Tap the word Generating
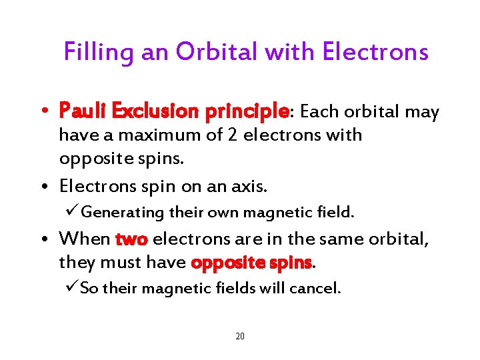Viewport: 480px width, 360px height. [123, 213]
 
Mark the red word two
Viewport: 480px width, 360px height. [131, 238]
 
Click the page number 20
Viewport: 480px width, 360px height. [240, 336]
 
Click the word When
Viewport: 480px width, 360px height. [85, 238]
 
